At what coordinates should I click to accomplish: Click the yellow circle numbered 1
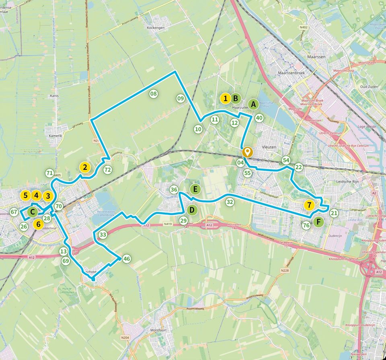pyautogui.click(x=226, y=97)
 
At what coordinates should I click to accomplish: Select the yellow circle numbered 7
pyautogui.click(x=309, y=205)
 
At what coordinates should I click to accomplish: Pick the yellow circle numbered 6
pyautogui.click(x=39, y=224)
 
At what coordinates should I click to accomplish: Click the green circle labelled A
pyautogui.click(x=253, y=104)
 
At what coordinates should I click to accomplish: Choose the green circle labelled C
pyautogui.click(x=32, y=211)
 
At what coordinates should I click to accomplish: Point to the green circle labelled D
pyautogui.click(x=192, y=210)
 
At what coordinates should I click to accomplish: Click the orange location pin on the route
pyautogui.click(x=247, y=152)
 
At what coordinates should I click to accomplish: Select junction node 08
pyautogui.click(x=153, y=94)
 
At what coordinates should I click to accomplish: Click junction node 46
pyautogui.click(x=127, y=259)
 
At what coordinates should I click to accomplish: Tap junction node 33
pyautogui.click(x=103, y=235)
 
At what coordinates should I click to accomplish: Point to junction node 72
pyautogui.click(x=107, y=170)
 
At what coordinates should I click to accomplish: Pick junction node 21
pyautogui.click(x=334, y=213)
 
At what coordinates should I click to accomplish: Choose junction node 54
pyautogui.click(x=286, y=160)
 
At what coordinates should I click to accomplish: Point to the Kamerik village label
pyautogui.click(x=55, y=136)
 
